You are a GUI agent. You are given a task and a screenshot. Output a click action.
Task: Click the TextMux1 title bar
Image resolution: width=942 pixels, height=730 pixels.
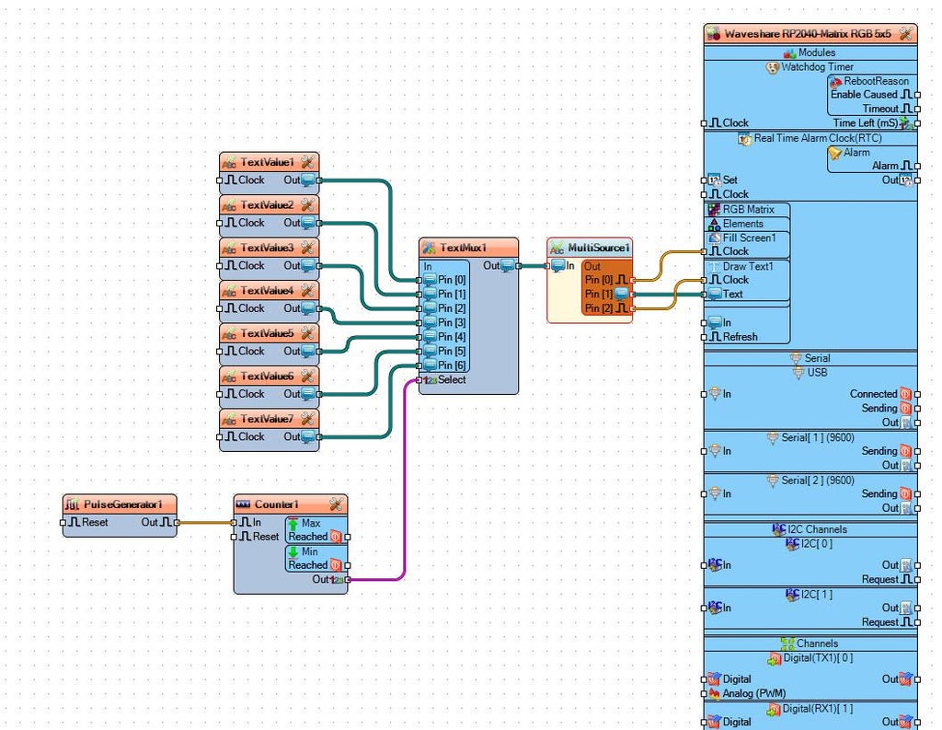pos(463,248)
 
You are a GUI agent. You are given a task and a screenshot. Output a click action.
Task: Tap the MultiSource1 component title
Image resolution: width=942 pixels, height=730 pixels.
pos(599,248)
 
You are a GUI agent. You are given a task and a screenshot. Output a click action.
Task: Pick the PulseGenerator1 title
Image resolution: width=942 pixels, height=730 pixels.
pos(123,504)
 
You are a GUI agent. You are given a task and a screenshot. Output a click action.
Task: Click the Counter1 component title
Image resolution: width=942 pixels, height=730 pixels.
pos(276,504)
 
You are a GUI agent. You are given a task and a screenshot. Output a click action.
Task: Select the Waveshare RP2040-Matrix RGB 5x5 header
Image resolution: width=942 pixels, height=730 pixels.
pos(807,33)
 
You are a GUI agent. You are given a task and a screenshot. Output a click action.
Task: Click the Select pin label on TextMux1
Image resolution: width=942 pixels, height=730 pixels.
pos(452,379)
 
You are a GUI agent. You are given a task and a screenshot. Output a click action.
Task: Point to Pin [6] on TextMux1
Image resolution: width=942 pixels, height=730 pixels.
pos(452,365)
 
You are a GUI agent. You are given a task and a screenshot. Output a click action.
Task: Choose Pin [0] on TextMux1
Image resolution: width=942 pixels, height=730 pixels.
pos(452,280)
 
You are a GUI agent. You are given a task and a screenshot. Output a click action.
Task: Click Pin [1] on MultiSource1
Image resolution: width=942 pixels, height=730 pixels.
pos(599,295)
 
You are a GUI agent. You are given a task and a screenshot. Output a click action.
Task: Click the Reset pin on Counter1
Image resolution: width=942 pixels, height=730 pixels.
pos(265,537)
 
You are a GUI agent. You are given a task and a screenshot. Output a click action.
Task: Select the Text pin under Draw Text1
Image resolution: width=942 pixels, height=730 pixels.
pos(733,295)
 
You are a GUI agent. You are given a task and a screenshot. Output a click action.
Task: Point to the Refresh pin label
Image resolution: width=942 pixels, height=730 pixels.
pos(740,337)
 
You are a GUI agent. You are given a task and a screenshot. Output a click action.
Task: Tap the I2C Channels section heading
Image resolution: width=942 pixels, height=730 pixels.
pos(810,529)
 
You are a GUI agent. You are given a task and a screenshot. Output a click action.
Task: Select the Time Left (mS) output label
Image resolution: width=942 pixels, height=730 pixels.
pos(865,122)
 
